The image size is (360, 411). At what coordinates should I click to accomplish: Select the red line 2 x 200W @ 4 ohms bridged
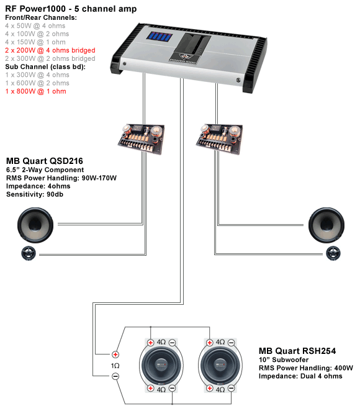coord(50,50)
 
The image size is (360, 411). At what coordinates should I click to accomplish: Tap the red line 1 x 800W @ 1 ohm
coord(35,91)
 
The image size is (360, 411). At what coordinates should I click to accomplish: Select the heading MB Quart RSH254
coord(297,350)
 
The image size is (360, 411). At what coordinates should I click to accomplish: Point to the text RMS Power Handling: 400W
coord(306,368)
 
